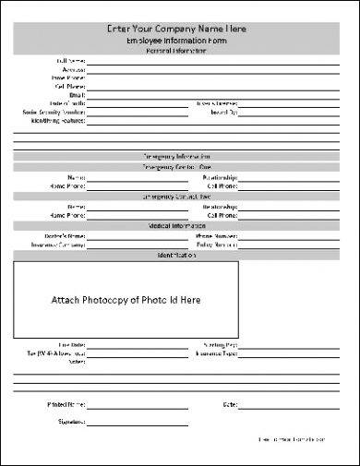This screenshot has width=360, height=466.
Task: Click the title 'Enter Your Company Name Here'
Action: pyautogui.click(x=180, y=30)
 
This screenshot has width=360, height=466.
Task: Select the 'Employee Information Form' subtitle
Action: pyautogui.click(x=180, y=42)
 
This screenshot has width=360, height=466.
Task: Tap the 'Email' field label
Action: pyautogui.click(x=77, y=94)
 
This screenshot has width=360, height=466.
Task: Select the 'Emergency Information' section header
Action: pyautogui.click(x=180, y=157)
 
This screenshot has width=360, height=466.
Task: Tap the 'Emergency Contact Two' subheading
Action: pyautogui.click(x=180, y=197)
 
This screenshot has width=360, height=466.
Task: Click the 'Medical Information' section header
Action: pyautogui.click(x=180, y=225)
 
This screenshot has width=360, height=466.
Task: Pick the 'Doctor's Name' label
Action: pyautogui.click(x=66, y=236)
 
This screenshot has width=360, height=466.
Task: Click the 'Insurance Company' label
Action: pyautogui.click(x=58, y=245)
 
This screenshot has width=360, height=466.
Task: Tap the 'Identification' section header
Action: pyautogui.click(x=180, y=254)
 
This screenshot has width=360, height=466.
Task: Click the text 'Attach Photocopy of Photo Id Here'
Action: pyautogui.click(x=126, y=300)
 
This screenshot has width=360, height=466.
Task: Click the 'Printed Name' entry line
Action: pyautogui.click(x=138, y=405)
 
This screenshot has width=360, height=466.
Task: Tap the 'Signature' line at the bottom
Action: pyautogui.click(x=138, y=424)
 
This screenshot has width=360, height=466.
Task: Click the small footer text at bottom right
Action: pyautogui.click(x=293, y=438)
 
